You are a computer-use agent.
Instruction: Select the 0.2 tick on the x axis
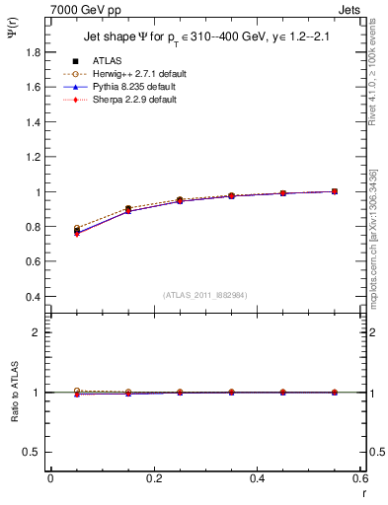pyautogui.click(x=154, y=478)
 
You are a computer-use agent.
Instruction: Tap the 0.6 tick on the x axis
pyautogui.click(x=360, y=478)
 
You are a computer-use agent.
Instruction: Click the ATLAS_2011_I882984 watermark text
pyautogui.click(x=204, y=295)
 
